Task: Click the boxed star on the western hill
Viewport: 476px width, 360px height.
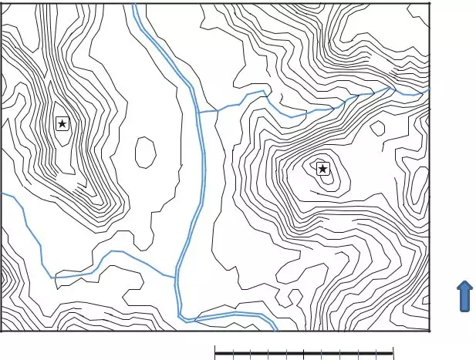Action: [x=62, y=123]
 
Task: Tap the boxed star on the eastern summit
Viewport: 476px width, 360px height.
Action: [x=322, y=169]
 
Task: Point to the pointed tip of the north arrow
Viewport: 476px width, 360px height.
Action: [x=465, y=282]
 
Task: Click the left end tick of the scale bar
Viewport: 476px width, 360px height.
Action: [x=215, y=354]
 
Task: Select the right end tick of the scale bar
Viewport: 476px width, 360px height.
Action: [x=393, y=354]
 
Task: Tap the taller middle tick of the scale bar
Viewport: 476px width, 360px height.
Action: [x=305, y=354]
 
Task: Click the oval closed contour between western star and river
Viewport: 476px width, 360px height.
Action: [x=145, y=152]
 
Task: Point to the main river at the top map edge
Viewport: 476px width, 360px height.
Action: [x=134, y=5]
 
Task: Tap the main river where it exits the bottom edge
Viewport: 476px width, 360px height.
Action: [x=275, y=330]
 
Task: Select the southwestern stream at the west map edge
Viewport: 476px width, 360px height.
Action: [x=2, y=194]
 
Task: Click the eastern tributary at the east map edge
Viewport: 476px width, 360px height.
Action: [x=427, y=89]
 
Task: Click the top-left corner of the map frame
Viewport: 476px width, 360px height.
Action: [x=1, y=3]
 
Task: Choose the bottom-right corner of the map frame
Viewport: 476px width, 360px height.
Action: [x=428, y=331]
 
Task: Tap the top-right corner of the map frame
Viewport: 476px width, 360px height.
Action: [x=428, y=3]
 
